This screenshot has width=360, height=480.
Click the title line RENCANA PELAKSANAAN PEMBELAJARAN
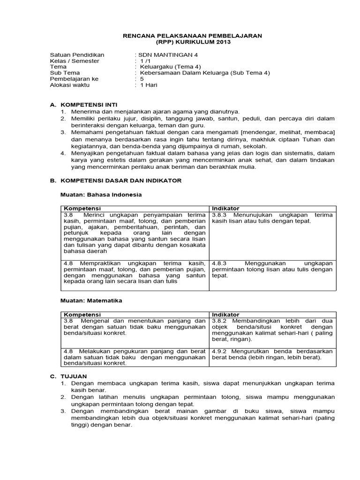[x=192, y=36]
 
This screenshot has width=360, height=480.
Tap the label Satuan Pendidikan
[x=77, y=54]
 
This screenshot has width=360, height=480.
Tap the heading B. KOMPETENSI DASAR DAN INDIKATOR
[x=115, y=180]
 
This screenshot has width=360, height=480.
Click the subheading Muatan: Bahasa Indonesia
[x=101, y=194]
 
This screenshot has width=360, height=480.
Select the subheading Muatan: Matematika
[x=92, y=300]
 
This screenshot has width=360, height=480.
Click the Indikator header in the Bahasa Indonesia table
[x=225, y=209]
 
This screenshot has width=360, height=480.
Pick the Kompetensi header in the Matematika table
[x=82, y=315]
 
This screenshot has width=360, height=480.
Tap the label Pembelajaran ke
[x=74, y=79]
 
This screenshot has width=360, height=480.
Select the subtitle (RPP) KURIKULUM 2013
[x=192, y=42]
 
